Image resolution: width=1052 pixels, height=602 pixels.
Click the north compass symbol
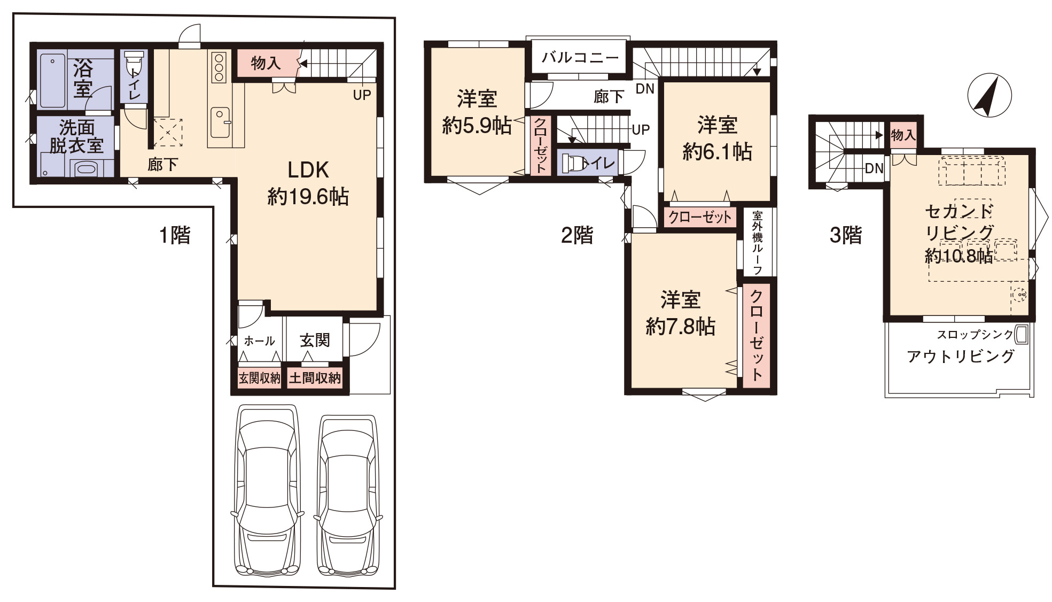point(989,95)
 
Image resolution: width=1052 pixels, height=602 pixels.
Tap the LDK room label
point(308,170)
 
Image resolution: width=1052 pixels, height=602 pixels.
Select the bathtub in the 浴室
point(52,80)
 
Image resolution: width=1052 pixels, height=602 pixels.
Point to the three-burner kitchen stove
point(219,67)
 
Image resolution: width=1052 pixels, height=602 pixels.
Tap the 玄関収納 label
point(259,379)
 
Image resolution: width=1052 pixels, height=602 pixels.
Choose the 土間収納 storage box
point(315,379)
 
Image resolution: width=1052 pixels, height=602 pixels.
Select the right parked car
point(348,494)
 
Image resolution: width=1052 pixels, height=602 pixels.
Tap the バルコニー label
point(580,57)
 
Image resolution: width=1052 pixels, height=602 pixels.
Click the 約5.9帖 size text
point(477,126)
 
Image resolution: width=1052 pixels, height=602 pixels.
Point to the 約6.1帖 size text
point(717,152)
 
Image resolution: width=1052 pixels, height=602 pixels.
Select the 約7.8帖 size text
point(680,326)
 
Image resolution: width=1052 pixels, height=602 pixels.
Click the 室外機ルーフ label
point(757,242)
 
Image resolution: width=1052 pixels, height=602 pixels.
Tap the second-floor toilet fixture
point(572,163)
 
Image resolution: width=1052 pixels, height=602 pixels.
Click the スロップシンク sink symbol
point(1022,335)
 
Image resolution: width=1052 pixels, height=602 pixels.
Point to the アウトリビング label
point(961,356)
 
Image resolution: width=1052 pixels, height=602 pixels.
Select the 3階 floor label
point(846,235)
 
